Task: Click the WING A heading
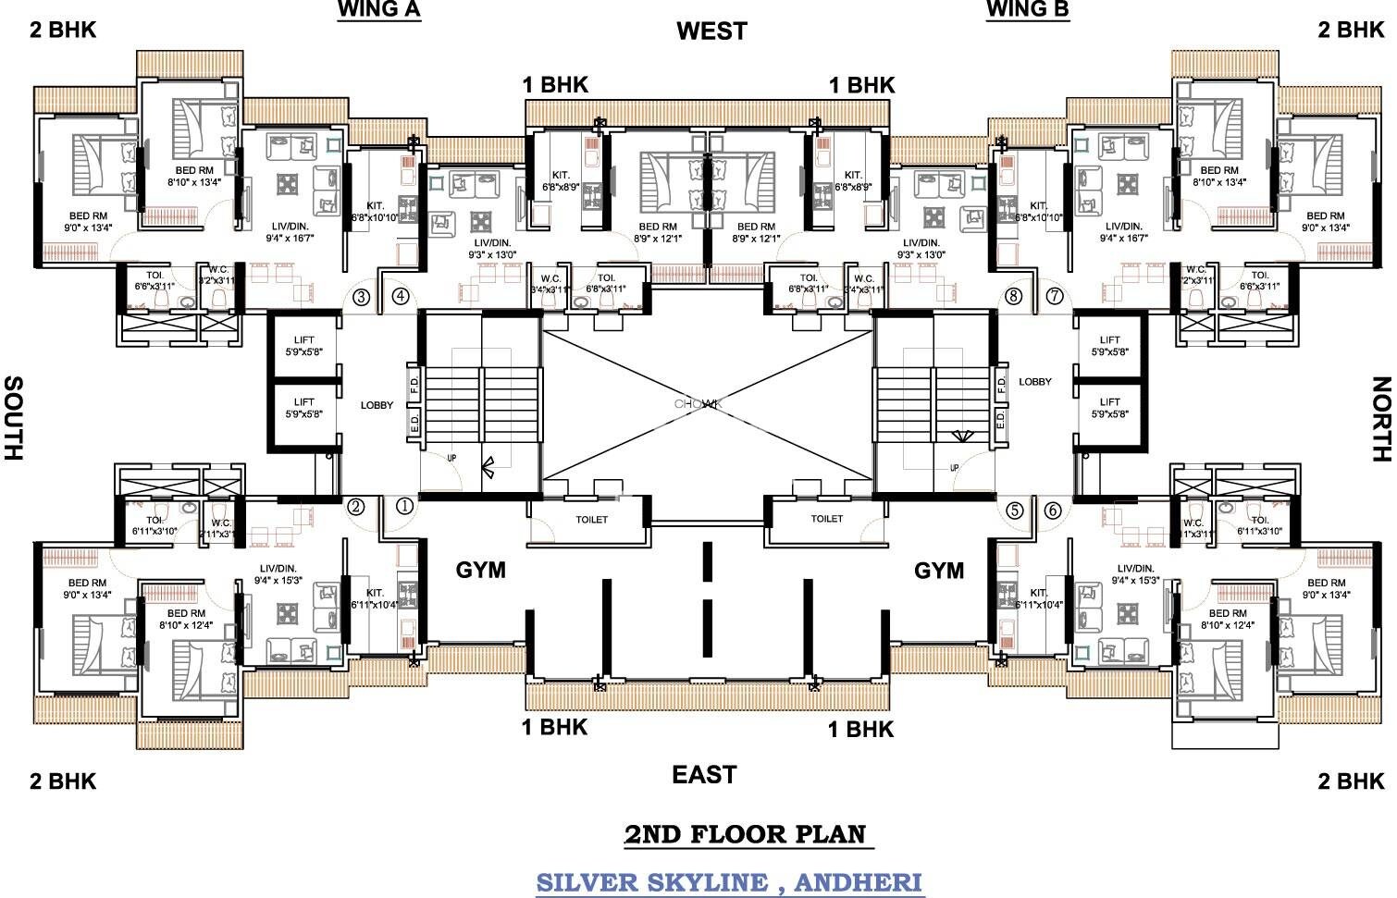click(x=378, y=10)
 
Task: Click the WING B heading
click(x=1028, y=10)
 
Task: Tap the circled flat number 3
click(x=361, y=297)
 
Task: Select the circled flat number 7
click(x=1055, y=297)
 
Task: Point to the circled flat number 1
click(x=404, y=506)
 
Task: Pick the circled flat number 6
click(x=1052, y=510)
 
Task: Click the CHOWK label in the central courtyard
click(x=698, y=404)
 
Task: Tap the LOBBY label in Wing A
click(x=377, y=405)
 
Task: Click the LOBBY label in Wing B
click(x=1035, y=381)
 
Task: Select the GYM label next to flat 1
click(x=480, y=571)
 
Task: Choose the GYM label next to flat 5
click(x=939, y=571)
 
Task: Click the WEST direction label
click(x=711, y=31)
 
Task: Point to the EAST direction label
click(x=704, y=774)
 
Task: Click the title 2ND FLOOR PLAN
click(x=747, y=834)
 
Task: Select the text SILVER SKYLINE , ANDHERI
click(x=729, y=881)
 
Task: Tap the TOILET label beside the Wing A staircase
click(x=591, y=520)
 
